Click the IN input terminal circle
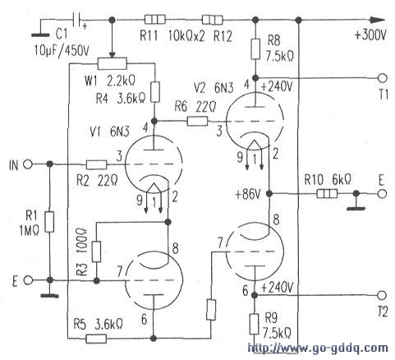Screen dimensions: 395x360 28,164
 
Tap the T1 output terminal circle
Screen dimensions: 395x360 383,78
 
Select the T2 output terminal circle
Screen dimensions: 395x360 382,295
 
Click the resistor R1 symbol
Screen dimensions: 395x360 49,222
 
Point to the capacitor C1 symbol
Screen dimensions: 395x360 76,20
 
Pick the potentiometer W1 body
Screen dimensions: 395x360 113,63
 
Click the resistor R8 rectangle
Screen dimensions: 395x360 255,49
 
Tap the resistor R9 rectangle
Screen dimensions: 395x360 255,325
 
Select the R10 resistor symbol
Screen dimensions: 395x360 327,194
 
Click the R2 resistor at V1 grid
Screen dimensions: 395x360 96,164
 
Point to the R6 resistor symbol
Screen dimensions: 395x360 197,121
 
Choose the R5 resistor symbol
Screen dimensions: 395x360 96,339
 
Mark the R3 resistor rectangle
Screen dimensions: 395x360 96,252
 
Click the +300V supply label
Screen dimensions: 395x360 370,35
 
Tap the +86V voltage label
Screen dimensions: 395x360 247,194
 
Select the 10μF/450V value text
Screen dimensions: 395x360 62,51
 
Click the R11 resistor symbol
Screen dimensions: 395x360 155,20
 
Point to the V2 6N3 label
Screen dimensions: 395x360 214,88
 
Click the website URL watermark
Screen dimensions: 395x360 318,348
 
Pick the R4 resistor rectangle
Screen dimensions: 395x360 155,92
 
